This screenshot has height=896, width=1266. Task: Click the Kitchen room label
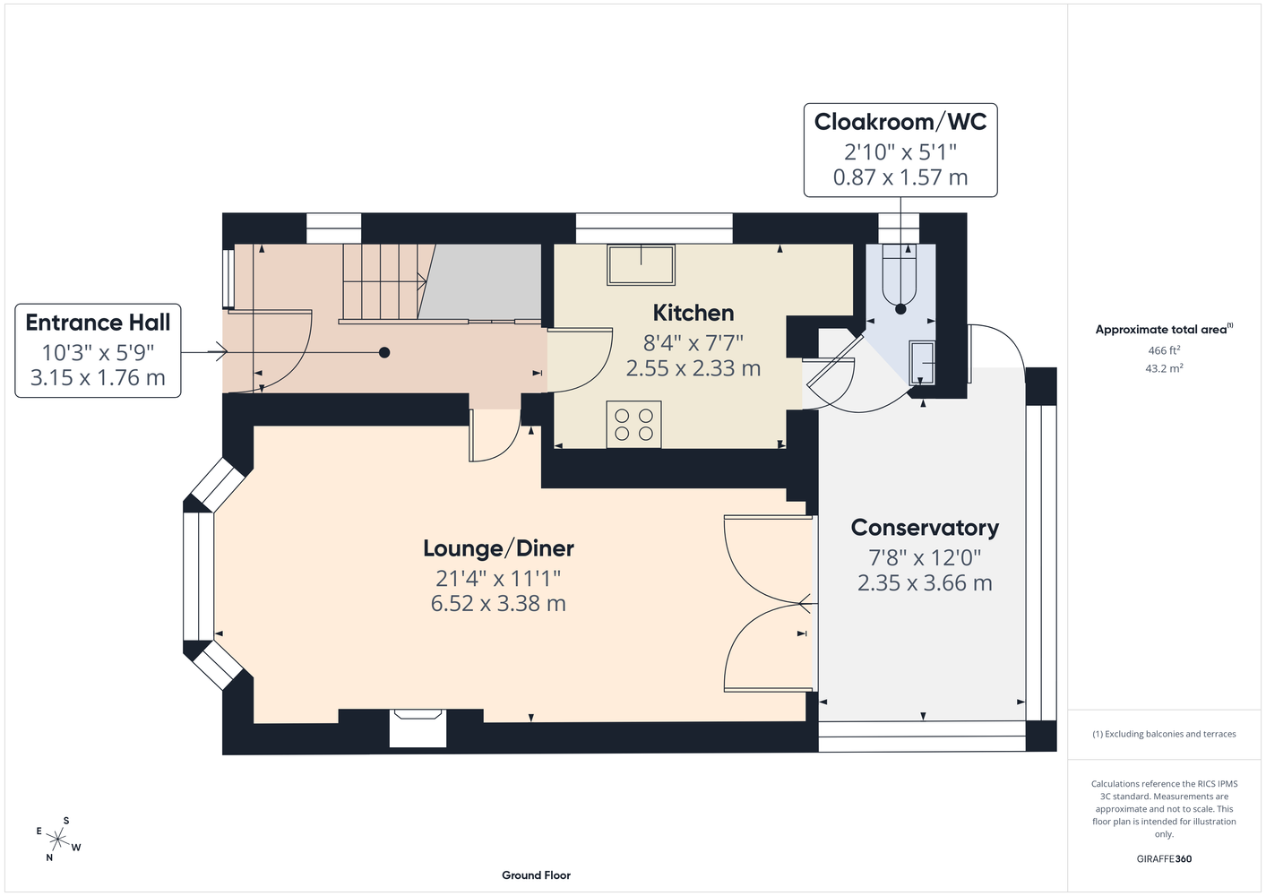693,313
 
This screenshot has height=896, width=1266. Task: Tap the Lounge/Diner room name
498,548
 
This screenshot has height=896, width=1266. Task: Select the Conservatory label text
925,528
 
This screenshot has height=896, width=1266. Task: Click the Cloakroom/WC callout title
900,122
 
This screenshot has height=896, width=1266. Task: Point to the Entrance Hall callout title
98,323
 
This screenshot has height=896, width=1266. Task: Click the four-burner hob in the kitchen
633,425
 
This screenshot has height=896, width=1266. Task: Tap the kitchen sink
641,264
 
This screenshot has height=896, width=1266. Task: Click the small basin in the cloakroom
921,362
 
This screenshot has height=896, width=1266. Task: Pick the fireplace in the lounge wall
418,728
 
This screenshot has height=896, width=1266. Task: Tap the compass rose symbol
58,840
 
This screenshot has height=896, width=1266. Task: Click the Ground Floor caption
536,875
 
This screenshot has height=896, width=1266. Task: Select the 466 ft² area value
1164,350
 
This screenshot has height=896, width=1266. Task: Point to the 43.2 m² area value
1164,368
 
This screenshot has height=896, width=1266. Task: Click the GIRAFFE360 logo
1164,858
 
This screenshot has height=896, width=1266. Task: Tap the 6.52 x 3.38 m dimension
498,603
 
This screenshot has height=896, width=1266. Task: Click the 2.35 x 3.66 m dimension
925,582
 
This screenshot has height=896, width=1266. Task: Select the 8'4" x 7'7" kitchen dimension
693,342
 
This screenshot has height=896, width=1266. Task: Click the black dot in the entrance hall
384,353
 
